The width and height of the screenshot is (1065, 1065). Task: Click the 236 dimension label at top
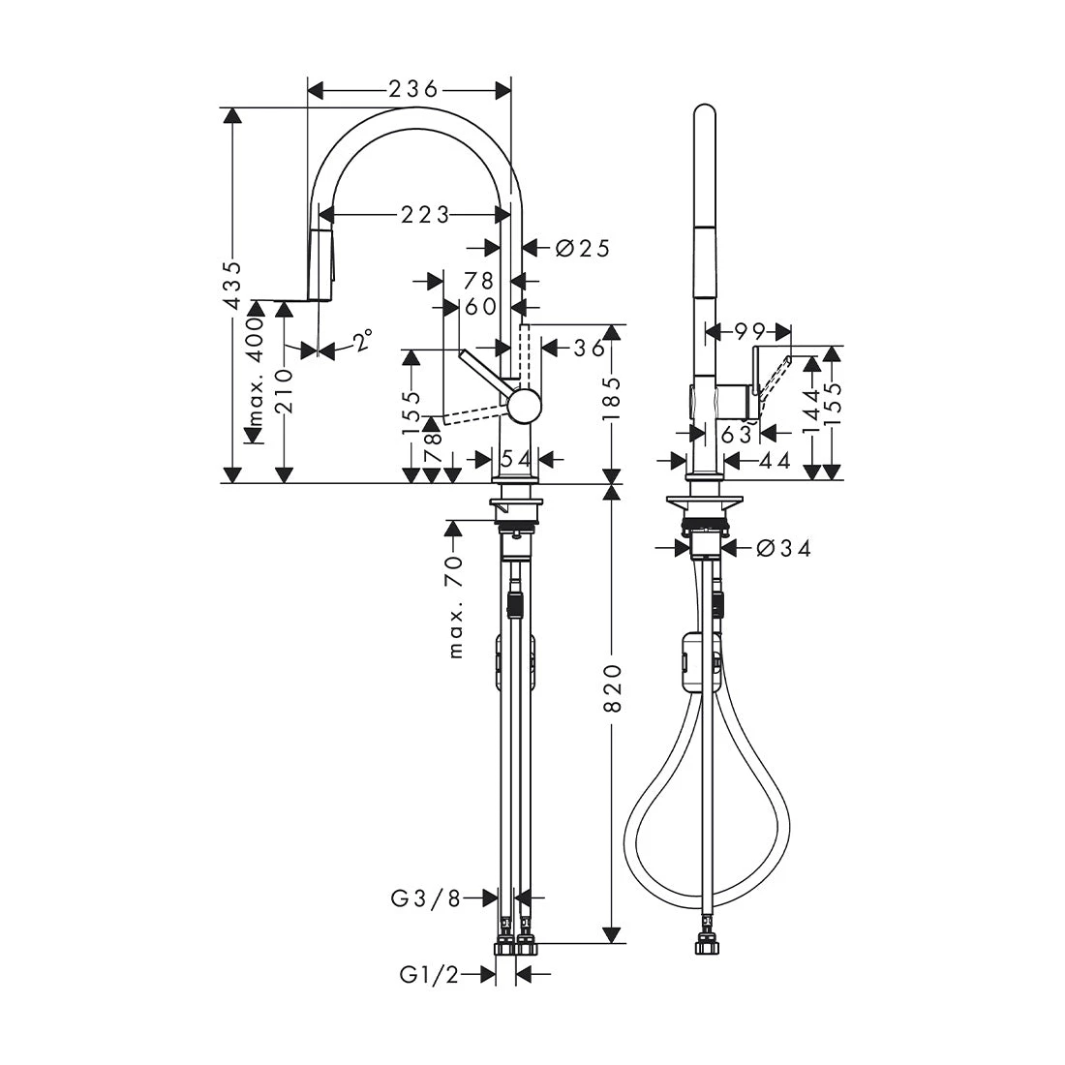coord(413,89)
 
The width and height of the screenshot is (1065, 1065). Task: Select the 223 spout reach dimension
coord(424,215)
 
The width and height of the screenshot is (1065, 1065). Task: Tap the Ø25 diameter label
coord(583,249)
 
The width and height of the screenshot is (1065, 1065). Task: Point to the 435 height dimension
coord(233,285)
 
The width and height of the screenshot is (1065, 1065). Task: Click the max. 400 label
coord(255,372)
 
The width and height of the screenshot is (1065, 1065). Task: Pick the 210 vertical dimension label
coord(286,391)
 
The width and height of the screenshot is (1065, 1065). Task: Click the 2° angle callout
coord(362,340)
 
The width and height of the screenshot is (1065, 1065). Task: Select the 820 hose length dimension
coord(612,688)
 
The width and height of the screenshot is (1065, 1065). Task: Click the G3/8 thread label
coord(426,898)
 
